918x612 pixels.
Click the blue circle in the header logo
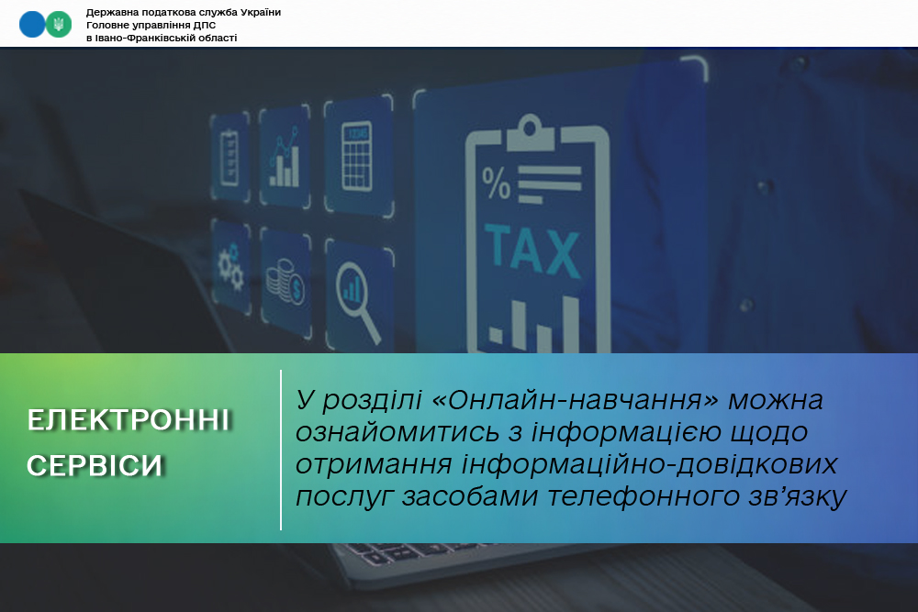pyautogui.click(x=32, y=25)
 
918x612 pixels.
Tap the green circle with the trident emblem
pyautogui.click(x=59, y=25)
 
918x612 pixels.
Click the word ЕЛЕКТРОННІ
pyautogui.click(x=129, y=420)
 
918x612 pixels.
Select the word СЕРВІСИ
pyautogui.click(x=95, y=465)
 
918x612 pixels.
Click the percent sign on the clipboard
pyautogui.click(x=497, y=184)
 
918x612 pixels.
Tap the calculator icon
pyautogui.click(x=356, y=156)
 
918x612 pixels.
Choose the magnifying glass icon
pyautogui.click(x=358, y=301)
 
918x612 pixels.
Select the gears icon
pyautogui.click(x=231, y=267)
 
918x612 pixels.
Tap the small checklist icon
pyautogui.click(x=229, y=158)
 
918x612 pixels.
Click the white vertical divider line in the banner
pyautogui.click(x=281, y=450)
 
